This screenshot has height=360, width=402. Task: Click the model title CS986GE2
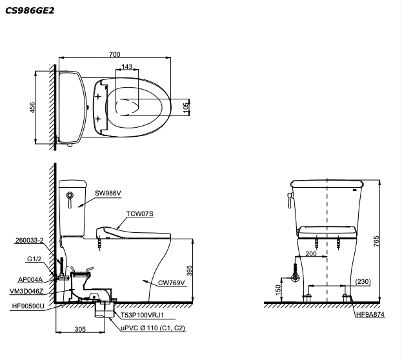[x=30, y=10]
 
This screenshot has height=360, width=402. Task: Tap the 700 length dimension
[x=115, y=54]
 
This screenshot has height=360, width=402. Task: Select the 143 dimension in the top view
[x=127, y=66]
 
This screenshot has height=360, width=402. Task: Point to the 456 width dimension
[x=32, y=107]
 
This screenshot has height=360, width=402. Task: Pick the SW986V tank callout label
[x=108, y=194]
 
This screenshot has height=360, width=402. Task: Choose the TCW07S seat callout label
[x=140, y=214]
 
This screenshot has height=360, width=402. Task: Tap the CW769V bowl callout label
[x=171, y=283]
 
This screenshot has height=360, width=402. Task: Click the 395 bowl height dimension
[x=189, y=270]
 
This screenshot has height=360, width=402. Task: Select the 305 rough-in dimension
[x=80, y=329]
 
